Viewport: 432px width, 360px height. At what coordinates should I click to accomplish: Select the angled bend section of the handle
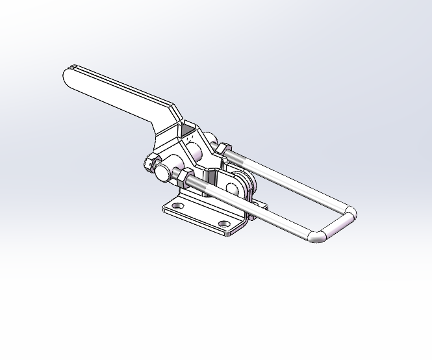click(167, 120)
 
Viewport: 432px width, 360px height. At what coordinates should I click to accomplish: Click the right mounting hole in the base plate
click(224, 224)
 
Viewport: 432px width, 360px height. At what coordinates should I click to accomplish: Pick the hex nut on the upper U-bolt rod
click(222, 149)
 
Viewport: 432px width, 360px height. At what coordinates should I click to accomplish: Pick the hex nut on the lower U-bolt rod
click(183, 175)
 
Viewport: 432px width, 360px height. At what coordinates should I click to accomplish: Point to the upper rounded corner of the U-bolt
click(349, 215)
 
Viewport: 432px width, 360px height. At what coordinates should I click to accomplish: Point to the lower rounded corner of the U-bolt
click(318, 235)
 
